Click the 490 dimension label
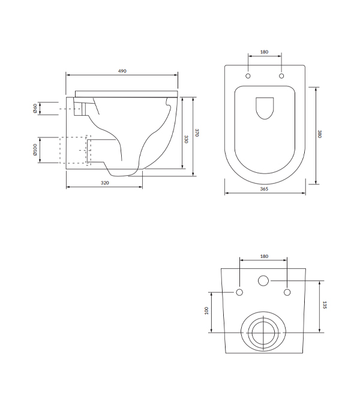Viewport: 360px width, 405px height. (122, 71)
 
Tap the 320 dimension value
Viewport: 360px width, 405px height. (105, 183)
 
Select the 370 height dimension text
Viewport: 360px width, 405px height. (197, 133)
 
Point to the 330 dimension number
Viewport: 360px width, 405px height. (186, 139)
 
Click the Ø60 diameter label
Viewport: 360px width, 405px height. (35, 109)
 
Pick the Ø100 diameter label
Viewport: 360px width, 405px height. (35, 150)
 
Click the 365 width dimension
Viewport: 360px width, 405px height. (264, 189)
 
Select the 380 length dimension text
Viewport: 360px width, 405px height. (319, 134)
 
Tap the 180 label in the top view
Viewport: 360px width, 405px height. (264, 52)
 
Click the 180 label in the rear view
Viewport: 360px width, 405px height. (264, 256)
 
